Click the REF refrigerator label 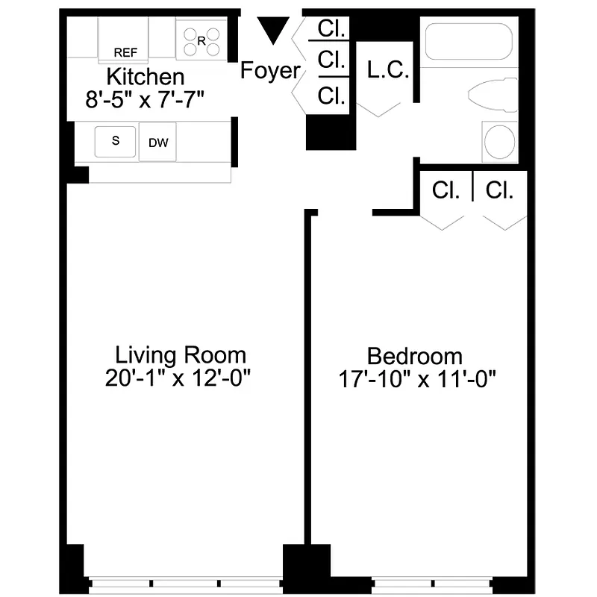(x=125, y=52)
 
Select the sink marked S (x=116, y=141)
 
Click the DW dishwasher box (x=157, y=143)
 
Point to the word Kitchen (x=146, y=76)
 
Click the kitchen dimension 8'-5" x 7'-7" (x=146, y=99)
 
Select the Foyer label (x=270, y=72)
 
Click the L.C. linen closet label (x=388, y=72)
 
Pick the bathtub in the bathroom (x=468, y=43)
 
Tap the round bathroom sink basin (x=498, y=141)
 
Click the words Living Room (x=181, y=354)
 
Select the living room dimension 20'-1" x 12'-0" (x=181, y=378)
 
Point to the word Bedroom (x=415, y=355)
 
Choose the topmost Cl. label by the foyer (x=331, y=29)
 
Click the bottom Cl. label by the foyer (x=331, y=95)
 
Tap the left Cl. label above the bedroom (x=446, y=190)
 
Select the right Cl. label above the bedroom (x=500, y=190)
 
